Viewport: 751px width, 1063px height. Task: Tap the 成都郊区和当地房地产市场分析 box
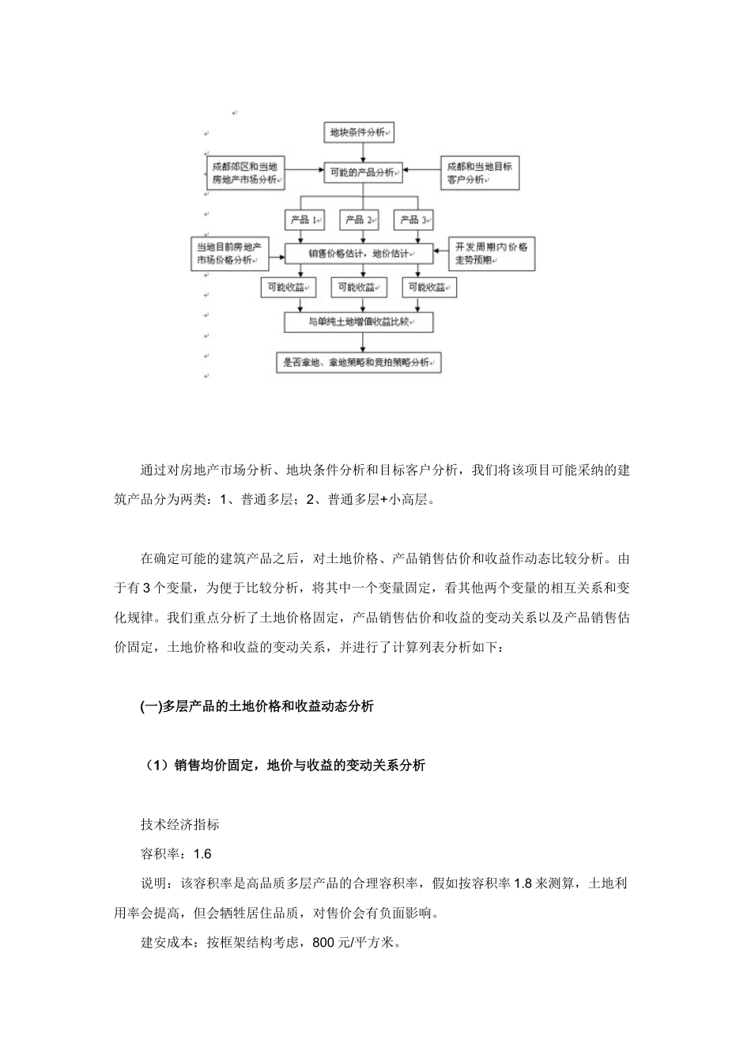245,173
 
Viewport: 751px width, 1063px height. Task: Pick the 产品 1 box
304,219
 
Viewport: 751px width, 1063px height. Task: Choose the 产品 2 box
360,219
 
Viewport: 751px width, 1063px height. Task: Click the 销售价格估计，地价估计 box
360,254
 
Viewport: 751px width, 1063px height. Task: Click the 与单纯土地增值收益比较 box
360,322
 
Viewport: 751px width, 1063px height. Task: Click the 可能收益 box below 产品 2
360,288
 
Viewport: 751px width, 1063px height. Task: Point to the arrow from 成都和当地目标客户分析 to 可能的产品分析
421,168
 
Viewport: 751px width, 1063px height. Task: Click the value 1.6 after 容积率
202,854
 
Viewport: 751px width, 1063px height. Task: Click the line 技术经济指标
179,825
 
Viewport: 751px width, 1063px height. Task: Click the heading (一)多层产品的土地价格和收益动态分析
257,707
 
